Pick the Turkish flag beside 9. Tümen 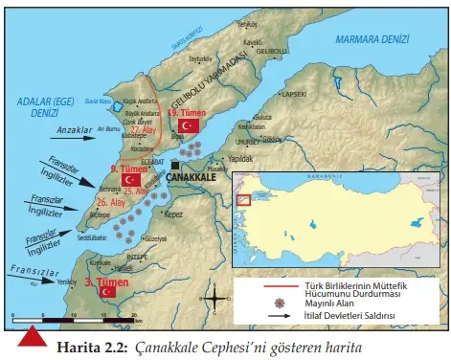[132, 179]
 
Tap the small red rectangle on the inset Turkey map [242, 200]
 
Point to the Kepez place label [174, 215]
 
